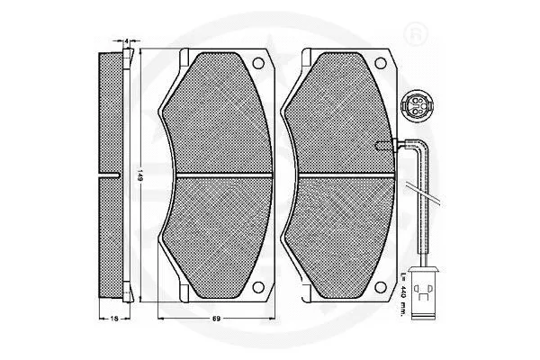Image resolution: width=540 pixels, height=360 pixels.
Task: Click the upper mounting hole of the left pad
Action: pos(259,66)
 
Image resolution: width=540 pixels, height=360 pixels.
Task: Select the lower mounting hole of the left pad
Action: pos(259,288)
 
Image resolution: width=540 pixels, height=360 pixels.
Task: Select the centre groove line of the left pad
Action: pos(216,173)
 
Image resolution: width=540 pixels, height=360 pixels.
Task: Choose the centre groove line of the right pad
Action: pos(337,173)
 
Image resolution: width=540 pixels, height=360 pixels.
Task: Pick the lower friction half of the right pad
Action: pos(337,229)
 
